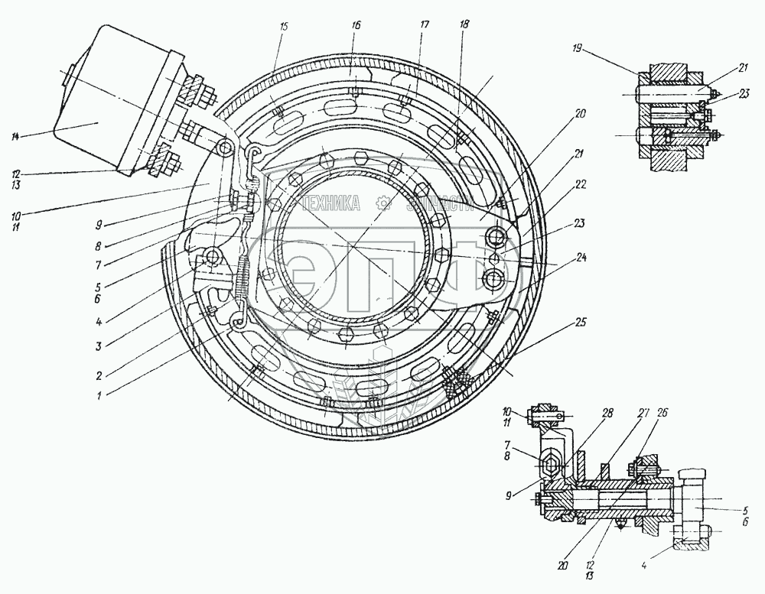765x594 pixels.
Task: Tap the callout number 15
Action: [x=285, y=27]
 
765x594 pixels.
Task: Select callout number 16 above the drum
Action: [x=356, y=25]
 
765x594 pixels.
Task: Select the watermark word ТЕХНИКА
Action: [x=333, y=203]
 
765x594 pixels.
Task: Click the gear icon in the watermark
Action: [x=381, y=203]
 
